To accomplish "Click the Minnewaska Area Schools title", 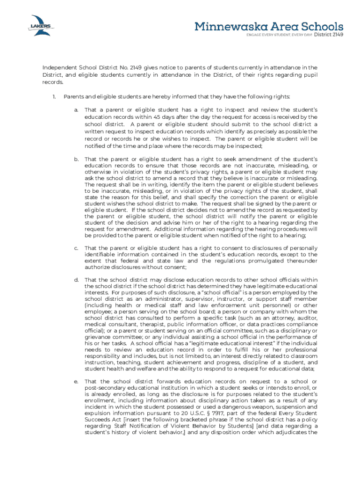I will point(269,26).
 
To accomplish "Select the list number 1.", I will point(54,96).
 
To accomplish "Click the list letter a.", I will point(76,109).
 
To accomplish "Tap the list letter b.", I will point(76,159).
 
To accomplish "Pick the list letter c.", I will point(76,247).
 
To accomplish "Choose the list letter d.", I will point(76,280).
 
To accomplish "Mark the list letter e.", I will point(76,381).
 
